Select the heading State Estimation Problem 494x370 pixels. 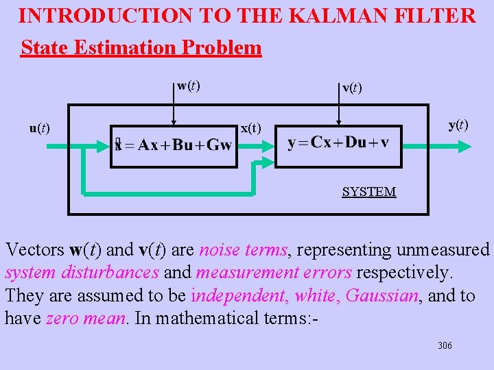click(x=141, y=47)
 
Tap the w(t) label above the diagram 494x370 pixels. click(x=189, y=86)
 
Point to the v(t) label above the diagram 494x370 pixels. click(x=352, y=88)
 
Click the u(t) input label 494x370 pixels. click(x=39, y=127)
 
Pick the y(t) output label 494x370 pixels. click(x=458, y=125)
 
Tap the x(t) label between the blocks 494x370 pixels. click(x=250, y=128)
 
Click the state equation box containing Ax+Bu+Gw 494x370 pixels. click(x=174, y=145)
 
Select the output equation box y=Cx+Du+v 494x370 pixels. click(x=338, y=143)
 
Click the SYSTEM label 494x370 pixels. click(x=368, y=192)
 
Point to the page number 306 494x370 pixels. click(x=445, y=346)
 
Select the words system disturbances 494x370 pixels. click(x=82, y=273)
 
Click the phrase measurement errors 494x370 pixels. click(x=274, y=273)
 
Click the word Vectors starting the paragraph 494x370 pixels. click(x=34, y=249)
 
